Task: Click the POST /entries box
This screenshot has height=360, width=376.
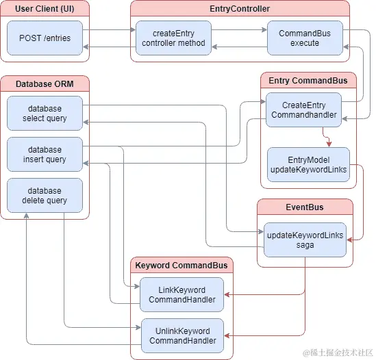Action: pos(45,38)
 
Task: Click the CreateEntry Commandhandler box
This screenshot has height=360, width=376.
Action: pos(303,110)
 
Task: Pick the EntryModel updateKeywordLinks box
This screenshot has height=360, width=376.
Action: pos(308,164)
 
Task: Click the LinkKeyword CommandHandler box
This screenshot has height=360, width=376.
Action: pos(182,295)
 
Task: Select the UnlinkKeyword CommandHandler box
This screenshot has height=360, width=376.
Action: pos(182,335)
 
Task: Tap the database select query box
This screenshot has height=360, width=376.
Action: pos(45,113)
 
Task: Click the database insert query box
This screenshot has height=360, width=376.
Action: pos(45,154)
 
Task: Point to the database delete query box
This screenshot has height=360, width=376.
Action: pos(45,195)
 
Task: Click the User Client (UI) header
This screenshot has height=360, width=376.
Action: pos(45,8)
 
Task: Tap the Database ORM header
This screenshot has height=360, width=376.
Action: pos(45,83)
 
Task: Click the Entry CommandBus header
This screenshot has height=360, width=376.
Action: pos(308,81)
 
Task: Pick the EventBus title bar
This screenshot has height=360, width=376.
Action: pos(305,206)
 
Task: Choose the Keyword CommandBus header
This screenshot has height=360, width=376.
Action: pos(182,265)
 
